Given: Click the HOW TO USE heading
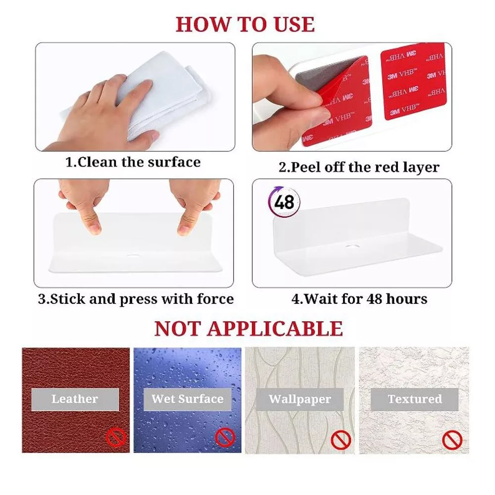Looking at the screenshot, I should point(245,24).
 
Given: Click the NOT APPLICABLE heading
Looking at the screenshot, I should point(248,329).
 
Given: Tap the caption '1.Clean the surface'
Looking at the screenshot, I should point(133,162).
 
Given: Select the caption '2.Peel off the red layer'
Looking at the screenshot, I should point(358,167).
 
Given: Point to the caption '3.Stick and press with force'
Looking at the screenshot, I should point(136,299).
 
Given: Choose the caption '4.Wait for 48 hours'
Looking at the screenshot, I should point(359,299).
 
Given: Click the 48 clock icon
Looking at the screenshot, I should point(284,202).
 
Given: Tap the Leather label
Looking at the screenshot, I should point(75,399).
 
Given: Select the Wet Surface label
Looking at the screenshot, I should point(187,399).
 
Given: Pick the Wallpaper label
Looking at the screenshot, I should point(300,399).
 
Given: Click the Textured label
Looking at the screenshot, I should point(414,399).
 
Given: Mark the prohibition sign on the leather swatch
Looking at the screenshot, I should point(117,437).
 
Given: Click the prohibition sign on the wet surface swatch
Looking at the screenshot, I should point(225,437).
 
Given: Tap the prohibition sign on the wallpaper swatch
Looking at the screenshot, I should point(341,440).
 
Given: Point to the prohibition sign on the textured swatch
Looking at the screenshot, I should point(452,440).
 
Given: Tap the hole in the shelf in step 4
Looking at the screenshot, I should point(354,245).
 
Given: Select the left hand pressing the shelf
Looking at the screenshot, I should point(86,203).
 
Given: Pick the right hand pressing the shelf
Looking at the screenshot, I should point(194,203).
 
